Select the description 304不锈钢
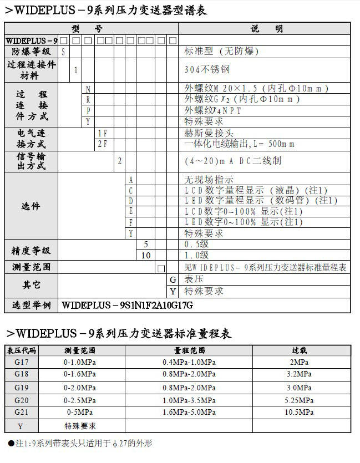tap(207, 70)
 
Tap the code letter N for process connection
tap(88, 89)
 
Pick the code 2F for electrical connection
tap(103, 144)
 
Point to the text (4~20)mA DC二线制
tap(233, 161)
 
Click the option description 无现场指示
tap(209, 180)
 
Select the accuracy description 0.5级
tap(196, 245)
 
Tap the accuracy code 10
tap(146, 255)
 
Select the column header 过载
tap(300, 350)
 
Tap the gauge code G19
tap(22, 388)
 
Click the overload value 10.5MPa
tap(300, 412)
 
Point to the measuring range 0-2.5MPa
tap(80, 400)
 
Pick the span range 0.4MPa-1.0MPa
tap(189, 362)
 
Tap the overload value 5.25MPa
tap(300, 400)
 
